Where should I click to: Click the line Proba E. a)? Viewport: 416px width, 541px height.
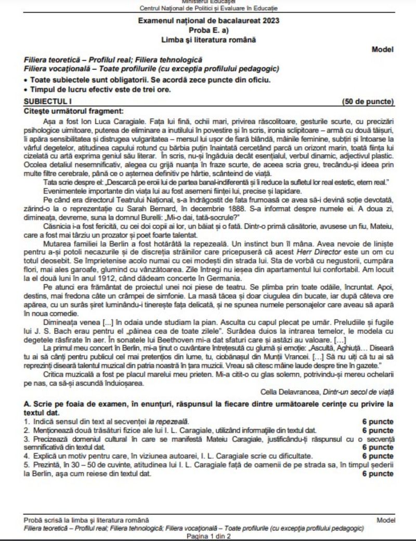point(208,31)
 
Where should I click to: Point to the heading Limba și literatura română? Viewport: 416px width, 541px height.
point(208,40)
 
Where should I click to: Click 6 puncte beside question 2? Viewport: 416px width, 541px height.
point(378,430)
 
